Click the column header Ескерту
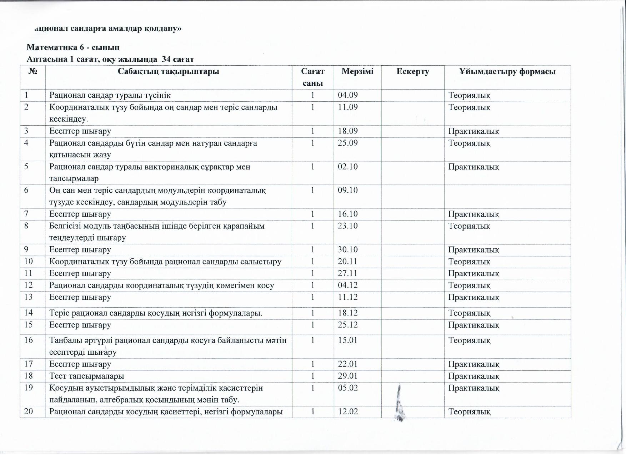(x=412, y=72)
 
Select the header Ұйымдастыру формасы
(x=507, y=72)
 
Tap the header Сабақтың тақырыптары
(x=168, y=72)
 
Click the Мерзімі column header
(x=357, y=71)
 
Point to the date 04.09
(x=347, y=95)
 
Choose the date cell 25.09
(x=347, y=143)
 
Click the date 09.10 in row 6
(x=347, y=190)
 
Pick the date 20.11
(x=347, y=262)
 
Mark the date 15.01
(x=347, y=340)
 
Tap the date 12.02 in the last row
(x=347, y=412)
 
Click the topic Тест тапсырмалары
(x=86, y=376)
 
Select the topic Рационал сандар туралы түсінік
(x=110, y=95)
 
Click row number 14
(x=28, y=313)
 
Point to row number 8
(x=26, y=226)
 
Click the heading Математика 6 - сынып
(x=73, y=47)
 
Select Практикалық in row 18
(x=474, y=376)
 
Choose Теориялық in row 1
(x=469, y=95)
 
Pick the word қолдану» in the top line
(x=163, y=29)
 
